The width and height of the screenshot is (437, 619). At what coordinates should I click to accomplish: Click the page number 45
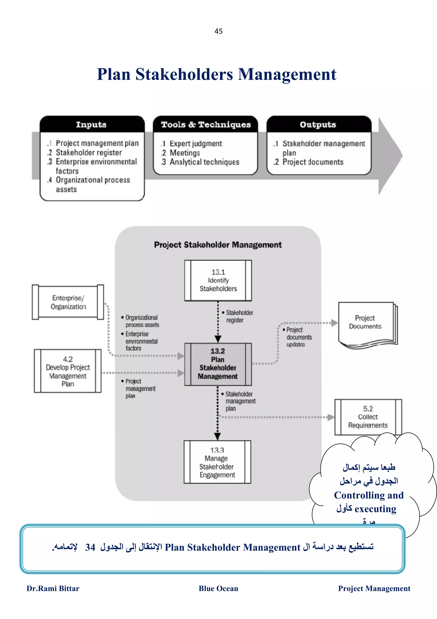click(218, 31)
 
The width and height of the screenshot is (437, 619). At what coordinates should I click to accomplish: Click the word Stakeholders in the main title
click(184, 74)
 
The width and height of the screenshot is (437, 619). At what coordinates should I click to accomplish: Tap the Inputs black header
click(92, 125)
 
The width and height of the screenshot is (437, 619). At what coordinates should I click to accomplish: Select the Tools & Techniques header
click(206, 125)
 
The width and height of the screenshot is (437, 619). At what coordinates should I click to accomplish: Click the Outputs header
click(318, 125)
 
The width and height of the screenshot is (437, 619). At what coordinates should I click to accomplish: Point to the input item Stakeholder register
click(89, 153)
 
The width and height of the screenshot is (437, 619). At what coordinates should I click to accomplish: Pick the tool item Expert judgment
click(195, 144)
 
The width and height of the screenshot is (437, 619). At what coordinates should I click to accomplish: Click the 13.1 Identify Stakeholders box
click(218, 280)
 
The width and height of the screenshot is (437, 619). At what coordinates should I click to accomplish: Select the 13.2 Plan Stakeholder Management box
click(218, 364)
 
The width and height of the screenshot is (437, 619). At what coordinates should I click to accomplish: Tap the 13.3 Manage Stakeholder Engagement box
click(217, 462)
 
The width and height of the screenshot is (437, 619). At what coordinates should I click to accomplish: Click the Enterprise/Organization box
click(68, 302)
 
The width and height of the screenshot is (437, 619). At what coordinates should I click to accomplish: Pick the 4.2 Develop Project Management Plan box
click(68, 371)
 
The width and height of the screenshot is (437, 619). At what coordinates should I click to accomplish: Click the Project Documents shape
click(365, 323)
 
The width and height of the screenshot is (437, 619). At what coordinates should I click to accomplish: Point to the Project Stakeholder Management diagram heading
click(218, 245)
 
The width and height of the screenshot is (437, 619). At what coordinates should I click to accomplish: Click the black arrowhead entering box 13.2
click(218, 339)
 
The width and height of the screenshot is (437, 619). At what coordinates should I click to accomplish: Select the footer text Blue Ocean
click(218, 588)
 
